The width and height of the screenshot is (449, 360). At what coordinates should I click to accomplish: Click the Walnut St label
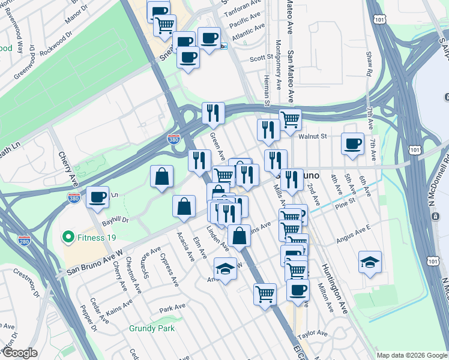click(313, 136)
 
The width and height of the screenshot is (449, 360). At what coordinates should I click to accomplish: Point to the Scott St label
click(261, 58)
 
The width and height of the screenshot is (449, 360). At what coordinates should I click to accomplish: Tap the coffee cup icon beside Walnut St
click(352, 143)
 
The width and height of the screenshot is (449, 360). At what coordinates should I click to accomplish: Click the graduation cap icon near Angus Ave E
click(370, 262)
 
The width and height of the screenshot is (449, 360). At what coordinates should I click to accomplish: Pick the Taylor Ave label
click(314, 332)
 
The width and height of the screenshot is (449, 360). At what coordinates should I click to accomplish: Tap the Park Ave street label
click(172, 309)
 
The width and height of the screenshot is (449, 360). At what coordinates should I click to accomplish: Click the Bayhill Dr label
click(117, 220)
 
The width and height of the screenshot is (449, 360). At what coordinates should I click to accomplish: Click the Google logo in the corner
click(20, 353)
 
